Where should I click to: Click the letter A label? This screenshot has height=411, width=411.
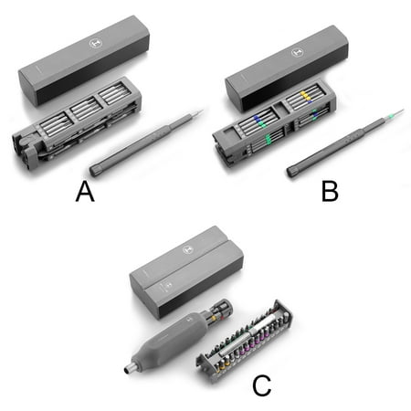click(x=85, y=191)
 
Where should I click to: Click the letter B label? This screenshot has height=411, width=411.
click(x=330, y=191)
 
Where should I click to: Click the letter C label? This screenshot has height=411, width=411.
click(x=262, y=385)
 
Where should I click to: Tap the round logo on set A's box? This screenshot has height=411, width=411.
click(x=95, y=44)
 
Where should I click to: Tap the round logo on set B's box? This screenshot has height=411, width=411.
click(x=298, y=52)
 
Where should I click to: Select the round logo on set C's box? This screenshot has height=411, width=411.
click(x=188, y=250)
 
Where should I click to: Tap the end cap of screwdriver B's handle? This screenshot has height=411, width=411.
click(x=292, y=171)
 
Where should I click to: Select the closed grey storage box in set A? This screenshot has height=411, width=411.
click(x=84, y=60)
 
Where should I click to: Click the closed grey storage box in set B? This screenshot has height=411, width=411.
click(x=287, y=68)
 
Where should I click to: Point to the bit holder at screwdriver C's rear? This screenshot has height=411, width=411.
click(x=218, y=312)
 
